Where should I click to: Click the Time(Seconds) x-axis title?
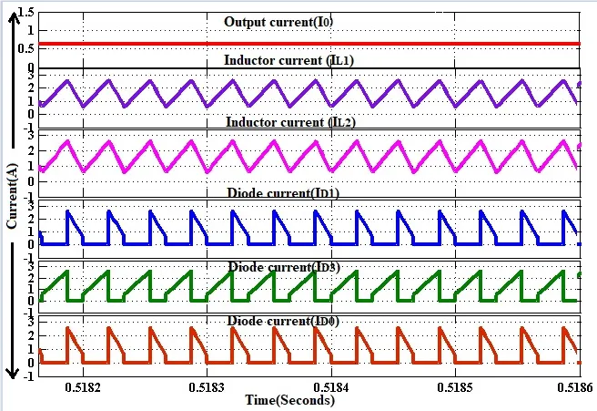pos(290,400)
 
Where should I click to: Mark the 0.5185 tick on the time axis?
pos(455,386)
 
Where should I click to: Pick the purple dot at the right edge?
pos(580,85)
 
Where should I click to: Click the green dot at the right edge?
pos(580,274)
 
